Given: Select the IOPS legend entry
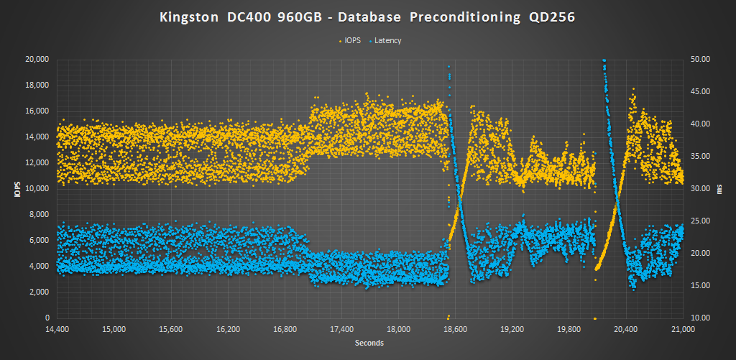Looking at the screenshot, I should pos(351,40).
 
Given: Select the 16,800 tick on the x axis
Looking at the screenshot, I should pos(285,330).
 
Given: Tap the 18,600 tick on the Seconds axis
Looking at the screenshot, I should pos(455,330).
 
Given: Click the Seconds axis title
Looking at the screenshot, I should pos(369,343).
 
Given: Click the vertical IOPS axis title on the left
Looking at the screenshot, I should pos(14,188).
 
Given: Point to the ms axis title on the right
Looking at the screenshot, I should pos(721,188).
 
